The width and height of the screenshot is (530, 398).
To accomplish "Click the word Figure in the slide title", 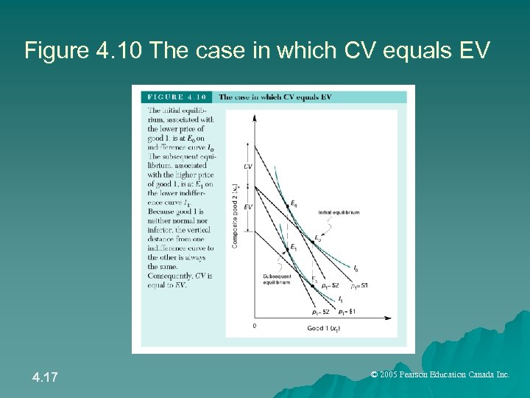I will tap(49, 50).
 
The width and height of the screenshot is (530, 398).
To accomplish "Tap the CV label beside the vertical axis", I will tap(247, 167).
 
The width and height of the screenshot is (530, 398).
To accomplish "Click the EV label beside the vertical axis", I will tap(247, 207).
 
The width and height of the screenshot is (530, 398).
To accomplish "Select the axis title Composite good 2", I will tap(235, 216).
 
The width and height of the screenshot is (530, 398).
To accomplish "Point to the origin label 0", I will tap(255, 325).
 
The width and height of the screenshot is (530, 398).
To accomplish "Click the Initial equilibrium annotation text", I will tap(339, 212).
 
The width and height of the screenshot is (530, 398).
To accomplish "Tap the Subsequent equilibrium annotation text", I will tap(278, 279).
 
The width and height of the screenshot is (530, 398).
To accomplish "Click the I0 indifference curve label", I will tap(356, 268).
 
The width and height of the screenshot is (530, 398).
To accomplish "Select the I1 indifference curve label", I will tap(339, 299).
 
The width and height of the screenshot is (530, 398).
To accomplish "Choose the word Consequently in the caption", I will tap(170, 276).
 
